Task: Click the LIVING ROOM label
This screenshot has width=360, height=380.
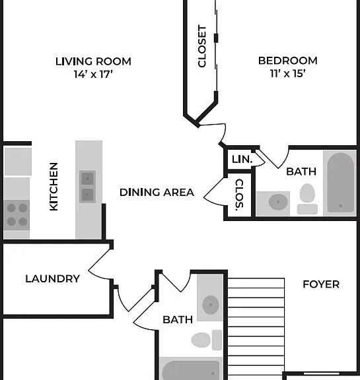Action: (93, 61)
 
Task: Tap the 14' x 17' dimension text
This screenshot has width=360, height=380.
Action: (93, 74)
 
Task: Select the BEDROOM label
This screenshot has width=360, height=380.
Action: (288, 61)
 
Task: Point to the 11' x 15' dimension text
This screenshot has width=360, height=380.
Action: (288, 73)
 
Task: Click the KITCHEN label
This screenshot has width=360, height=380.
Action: (54, 187)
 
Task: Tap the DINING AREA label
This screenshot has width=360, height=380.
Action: (157, 193)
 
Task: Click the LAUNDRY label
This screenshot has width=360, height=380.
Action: (53, 278)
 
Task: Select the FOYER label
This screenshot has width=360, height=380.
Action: (321, 284)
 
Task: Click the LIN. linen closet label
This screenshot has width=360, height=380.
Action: (242, 159)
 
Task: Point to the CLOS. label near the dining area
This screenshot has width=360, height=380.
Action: (239, 195)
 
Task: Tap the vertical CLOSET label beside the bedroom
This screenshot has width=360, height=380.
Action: (202, 46)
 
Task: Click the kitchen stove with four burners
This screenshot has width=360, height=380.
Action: (17, 215)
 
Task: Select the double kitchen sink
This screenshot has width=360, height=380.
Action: (87, 187)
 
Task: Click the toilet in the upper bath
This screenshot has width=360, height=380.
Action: (307, 199)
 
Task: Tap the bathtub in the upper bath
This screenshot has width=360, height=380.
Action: (340, 183)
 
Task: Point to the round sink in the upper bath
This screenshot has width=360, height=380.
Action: (278, 202)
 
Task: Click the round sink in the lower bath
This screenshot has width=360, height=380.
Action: (211, 305)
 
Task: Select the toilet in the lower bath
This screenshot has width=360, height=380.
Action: (207, 340)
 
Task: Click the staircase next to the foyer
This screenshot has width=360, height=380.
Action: (256, 329)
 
